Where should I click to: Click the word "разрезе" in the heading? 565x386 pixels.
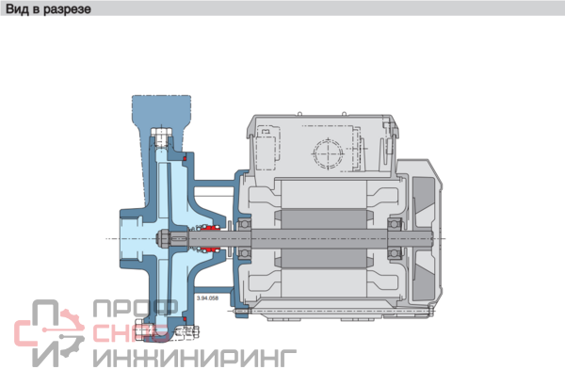click(68, 9)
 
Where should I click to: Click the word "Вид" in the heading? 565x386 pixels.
click(17, 8)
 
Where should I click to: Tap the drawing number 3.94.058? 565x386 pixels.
click(207, 298)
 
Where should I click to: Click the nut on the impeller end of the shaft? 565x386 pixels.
click(163, 238)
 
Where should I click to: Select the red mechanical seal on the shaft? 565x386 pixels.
click(210, 238)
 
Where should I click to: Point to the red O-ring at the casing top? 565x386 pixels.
click(185, 158)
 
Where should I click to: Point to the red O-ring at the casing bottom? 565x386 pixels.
click(185, 319)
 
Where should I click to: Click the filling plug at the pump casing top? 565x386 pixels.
click(161, 137)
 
